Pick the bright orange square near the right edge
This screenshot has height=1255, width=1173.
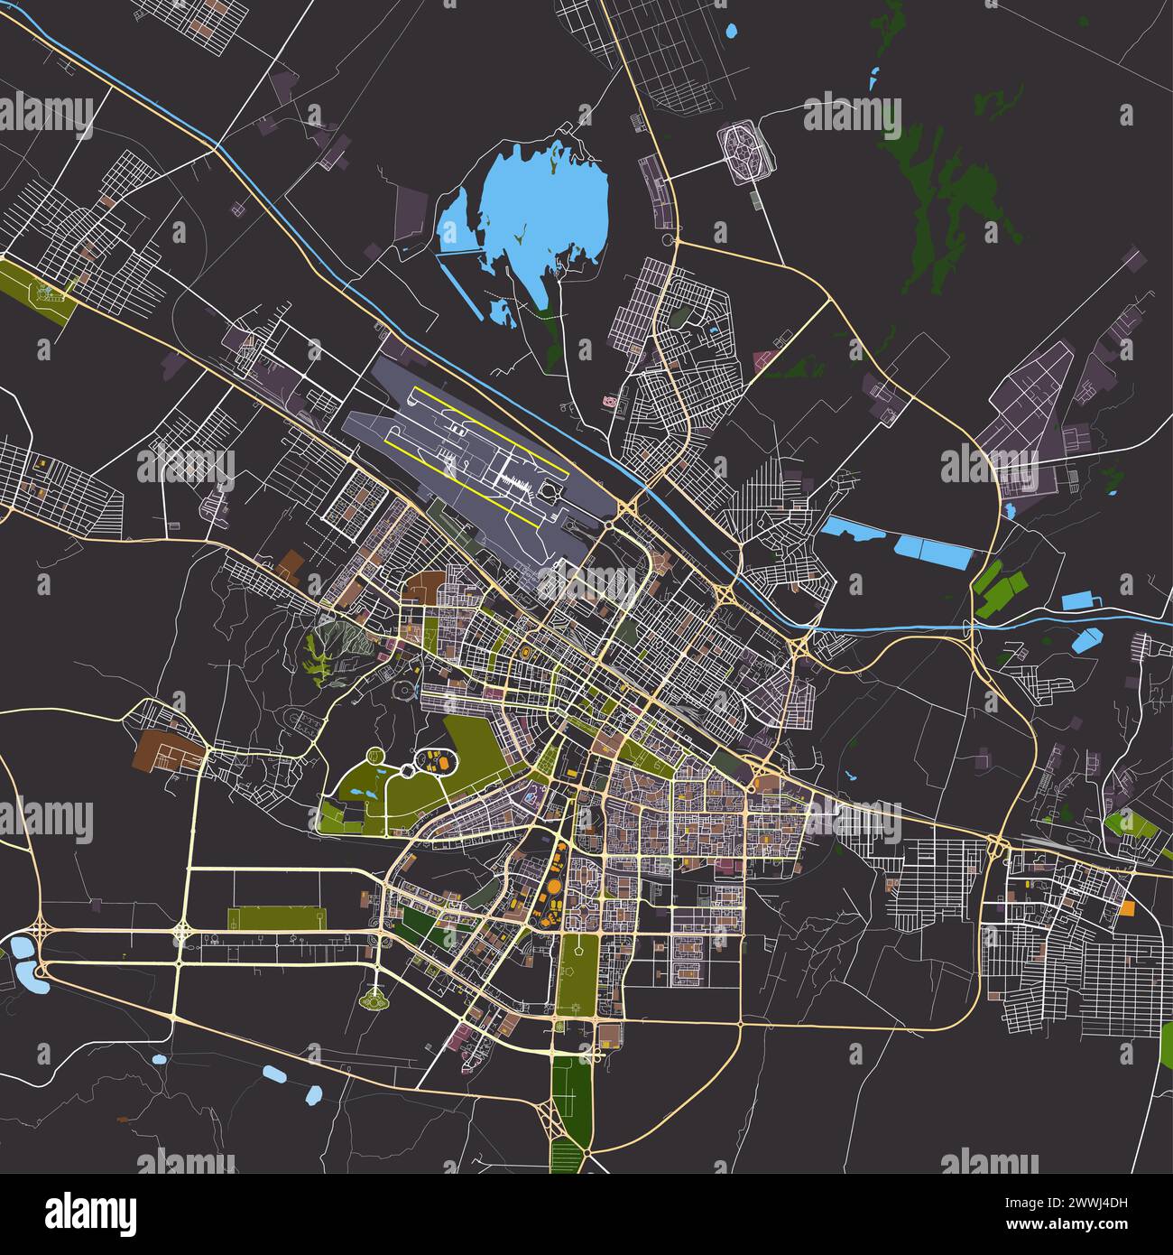point(1127,908)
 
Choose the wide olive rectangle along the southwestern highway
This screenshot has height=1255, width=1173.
point(275,919)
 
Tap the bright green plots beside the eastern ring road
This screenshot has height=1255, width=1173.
point(997,587)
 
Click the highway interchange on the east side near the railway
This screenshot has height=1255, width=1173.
point(998,846)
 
